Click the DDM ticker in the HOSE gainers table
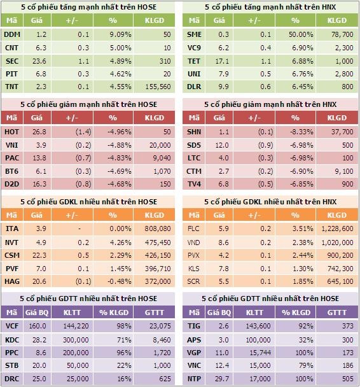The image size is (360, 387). point(11,34)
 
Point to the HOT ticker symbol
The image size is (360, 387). point(11,132)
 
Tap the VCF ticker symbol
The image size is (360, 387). point(11,327)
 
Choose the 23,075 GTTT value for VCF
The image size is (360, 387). point(159,327)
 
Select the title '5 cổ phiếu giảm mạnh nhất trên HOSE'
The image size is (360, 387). point(88,104)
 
